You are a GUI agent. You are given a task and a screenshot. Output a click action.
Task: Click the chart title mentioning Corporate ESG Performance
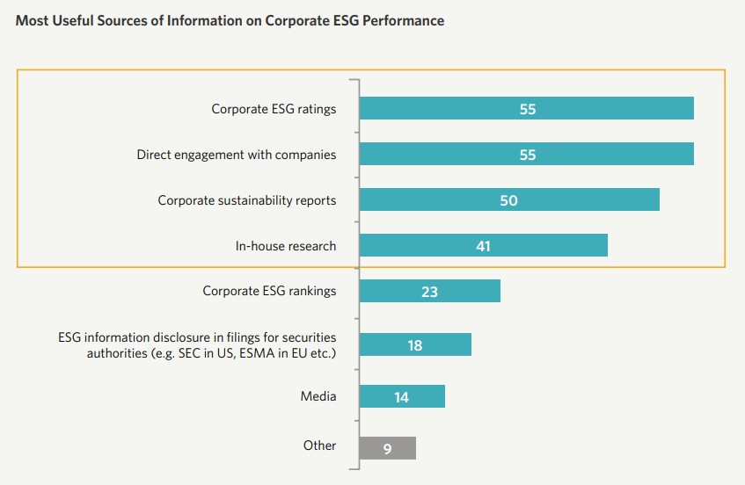pyautogui.click(x=230, y=20)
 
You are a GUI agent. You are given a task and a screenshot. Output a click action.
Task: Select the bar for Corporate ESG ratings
pyautogui.click(x=526, y=109)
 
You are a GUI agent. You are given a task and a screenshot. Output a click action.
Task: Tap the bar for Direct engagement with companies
pyautogui.click(x=526, y=155)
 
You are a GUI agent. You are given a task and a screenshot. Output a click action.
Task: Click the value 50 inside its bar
pyautogui.click(x=508, y=200)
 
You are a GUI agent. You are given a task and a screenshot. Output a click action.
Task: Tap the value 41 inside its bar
pyautogui.click(x=483, y=246)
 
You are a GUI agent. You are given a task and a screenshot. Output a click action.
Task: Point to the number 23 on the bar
pyautogui.click(x=429, y=292)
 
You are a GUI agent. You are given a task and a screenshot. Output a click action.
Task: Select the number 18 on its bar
pyautogui.click(x=415, y=345)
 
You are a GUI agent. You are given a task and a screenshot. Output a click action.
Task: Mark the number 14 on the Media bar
pyautogui.click(x=401, y=397)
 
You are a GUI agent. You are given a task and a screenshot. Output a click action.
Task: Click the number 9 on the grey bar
pyautogui.click(x=387, y=449)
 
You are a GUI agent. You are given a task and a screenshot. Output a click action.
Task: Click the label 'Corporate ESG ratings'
pyautogui.click(x=274, y=109)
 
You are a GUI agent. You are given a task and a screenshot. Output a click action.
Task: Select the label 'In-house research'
pyautogui.click(x=286, y=246)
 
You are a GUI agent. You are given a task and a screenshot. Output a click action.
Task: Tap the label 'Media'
pyautogui.click(x=318, y=396)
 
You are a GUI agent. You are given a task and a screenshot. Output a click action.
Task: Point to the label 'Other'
pyautogui.click(x=319, y=445)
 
